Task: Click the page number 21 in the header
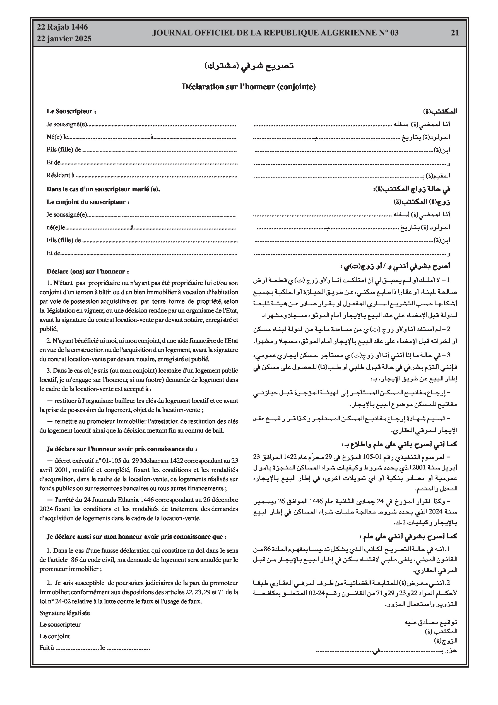coord(455,33)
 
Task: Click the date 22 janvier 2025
coord(64,39)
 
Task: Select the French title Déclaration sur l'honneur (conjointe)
coord(249,87)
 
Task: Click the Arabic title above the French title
coord(249,66)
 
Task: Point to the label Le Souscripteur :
coord(71,111)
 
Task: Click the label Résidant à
coord(61,175)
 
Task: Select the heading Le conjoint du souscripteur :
coord(88,202)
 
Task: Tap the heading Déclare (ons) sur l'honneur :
coord(88,272)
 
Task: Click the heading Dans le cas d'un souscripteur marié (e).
coord(103,189)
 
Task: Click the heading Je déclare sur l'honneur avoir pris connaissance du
coord(122,449)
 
